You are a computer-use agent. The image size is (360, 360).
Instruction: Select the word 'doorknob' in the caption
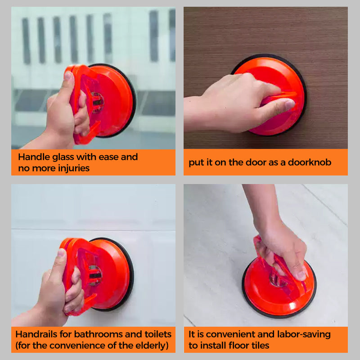[310, 162]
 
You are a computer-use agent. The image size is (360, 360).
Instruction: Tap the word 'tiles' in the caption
[260, 345]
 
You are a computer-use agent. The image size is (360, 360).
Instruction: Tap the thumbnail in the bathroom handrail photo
[61, 252]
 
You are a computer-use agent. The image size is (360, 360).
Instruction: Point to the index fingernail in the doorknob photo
[290, 104]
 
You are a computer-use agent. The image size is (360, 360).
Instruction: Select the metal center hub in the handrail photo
[95, 275]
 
